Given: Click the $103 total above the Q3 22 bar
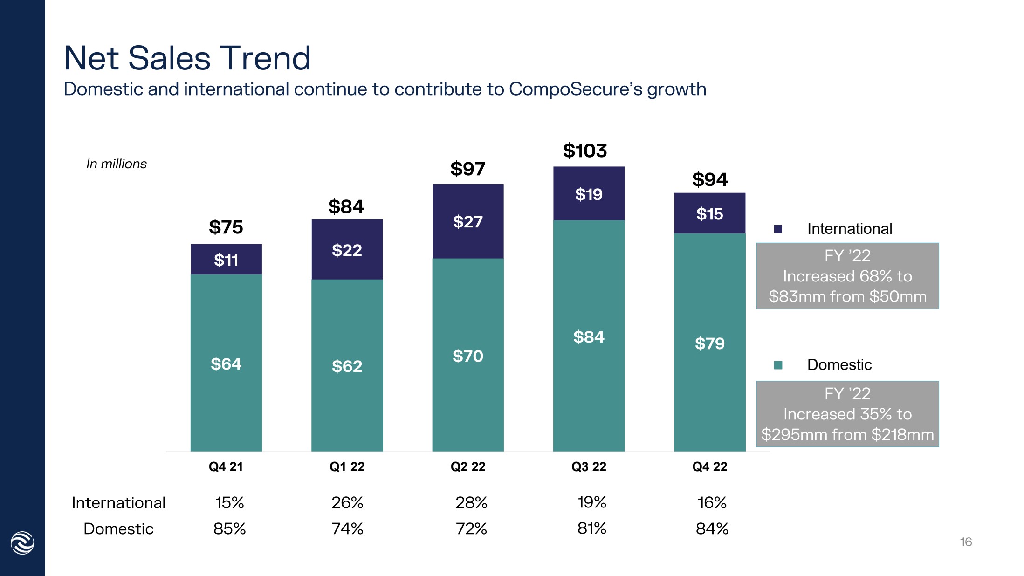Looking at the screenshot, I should click(x=585, y=151).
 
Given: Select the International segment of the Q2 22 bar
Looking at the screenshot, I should click(x=468, y=221).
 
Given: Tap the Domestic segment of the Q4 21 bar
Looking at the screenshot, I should click(x=226, y=363).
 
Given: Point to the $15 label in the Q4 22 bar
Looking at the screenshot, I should click(x=709, y=214).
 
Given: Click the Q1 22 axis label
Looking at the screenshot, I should click(x=347, y=466).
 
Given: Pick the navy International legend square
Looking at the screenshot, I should click(x=778, y=229).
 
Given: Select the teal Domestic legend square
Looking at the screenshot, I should click(x=778, y=365).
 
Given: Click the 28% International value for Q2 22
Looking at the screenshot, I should click(x=471, y=502).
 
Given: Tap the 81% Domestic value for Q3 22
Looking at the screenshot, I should click(x=591, y=528).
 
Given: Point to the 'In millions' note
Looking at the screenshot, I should click(x=117, y=164).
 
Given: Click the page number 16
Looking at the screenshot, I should click(x=966, y=542).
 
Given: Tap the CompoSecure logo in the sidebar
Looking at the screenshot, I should click(x=22, y=543).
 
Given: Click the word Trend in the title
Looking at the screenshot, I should click(x=265, y=58).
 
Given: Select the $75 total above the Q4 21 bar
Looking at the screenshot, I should click(x=226, y=227).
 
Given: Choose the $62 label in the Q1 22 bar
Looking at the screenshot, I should click(x=347, y=366).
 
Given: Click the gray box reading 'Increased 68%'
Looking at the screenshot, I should click(x=847, y=276).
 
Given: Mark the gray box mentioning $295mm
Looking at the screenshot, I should click(x=847, y=414).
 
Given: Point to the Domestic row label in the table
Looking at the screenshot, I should click(x=118, y=528).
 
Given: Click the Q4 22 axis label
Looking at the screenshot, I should click(x=709, y=466).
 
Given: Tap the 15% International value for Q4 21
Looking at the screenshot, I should click(x=229, y=502).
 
